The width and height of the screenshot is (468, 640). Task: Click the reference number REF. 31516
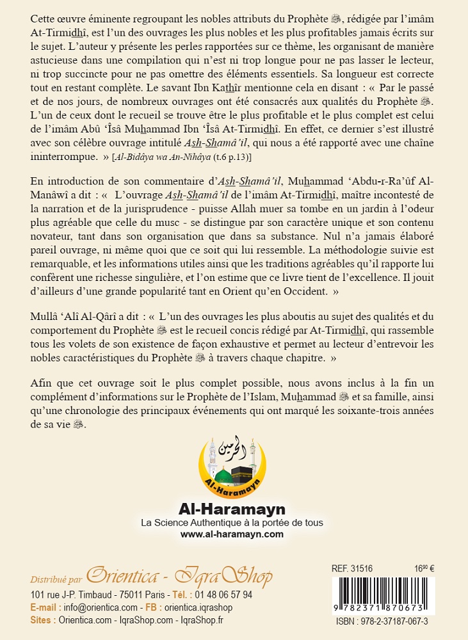coord(351,568)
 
